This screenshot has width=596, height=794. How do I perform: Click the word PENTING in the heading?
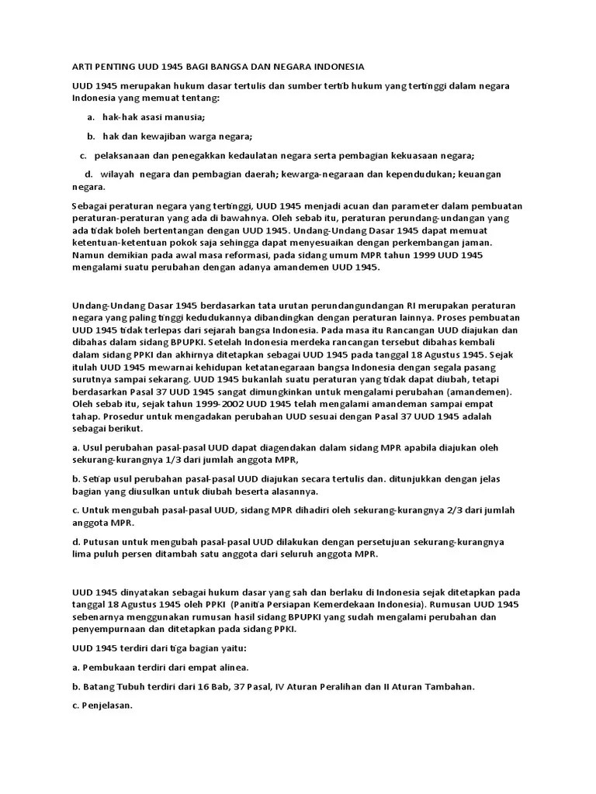click(x=109, y=67)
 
